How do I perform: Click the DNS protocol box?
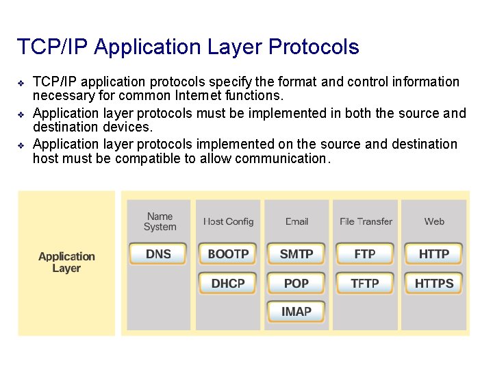(158, 254)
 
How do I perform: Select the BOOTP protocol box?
(228, 254)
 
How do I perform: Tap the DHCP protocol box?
(228, 284)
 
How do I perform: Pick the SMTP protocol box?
(296, 254)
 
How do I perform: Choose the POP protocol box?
(296, 284)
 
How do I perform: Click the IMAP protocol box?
(296, 312)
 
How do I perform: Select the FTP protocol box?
(365, 254)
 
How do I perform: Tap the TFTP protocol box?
(365, 284)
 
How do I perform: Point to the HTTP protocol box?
(434, 254)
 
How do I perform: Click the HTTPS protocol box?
(434, 284)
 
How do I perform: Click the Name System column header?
(160, 221)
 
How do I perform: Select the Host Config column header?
(228, 221)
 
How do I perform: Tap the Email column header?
(296, 221)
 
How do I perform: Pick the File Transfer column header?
(366, 221)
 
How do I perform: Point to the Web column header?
(434, 221)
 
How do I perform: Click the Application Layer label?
(66, 262)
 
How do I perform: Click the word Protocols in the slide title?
(314, 47)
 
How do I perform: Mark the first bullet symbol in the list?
(21, 83)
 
